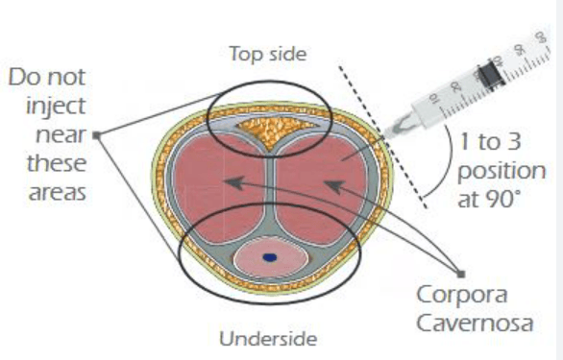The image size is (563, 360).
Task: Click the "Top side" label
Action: pos(268,54)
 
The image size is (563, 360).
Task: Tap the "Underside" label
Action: pos(268,339)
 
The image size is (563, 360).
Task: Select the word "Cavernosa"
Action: pos(475,323)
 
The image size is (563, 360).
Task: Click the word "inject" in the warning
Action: pos(56,107)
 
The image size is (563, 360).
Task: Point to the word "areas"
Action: pos(57,193)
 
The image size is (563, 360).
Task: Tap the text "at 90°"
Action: pos(489,199)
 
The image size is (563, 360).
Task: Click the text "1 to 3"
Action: pos(490,141)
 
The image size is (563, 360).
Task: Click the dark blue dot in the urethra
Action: pos(270,257)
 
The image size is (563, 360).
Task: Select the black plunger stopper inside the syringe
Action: pos(492,75)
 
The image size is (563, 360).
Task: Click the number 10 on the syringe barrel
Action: pos(433,98)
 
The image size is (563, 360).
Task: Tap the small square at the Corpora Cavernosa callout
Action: pos(461,275)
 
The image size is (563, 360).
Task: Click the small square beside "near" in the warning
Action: pos(97,135)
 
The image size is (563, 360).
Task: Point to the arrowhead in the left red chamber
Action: pos(235,182)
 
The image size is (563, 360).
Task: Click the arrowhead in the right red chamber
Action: pos(334,187)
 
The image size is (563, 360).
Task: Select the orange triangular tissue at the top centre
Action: pos(276,130)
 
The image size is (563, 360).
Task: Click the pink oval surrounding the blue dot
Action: pos(271,257)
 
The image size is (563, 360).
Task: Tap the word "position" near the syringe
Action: pos(502,172)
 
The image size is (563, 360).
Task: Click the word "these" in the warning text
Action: pos(57,164)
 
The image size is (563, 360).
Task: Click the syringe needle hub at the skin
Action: pos(400,126)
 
